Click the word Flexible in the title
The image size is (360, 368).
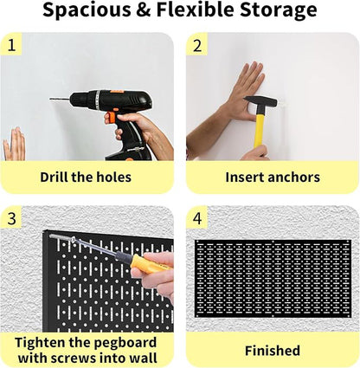(x=190, y=11)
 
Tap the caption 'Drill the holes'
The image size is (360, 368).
(x=86, y=178)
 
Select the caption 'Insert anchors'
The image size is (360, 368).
(x=273, y=178)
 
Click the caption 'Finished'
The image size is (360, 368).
(x=273, y=351)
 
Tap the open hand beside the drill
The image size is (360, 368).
(x=14, y=145)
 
